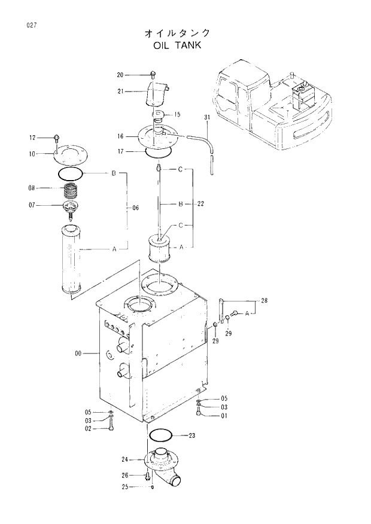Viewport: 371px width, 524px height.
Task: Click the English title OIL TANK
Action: click(x=177, y=45)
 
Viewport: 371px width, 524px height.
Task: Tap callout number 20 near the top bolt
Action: click(x=120, y=75)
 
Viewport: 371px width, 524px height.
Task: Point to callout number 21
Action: click(x=120, y=91)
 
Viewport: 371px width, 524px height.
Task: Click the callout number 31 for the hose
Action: click(x=207, y=117)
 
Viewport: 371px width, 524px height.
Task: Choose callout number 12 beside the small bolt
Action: click(x=32, y=138)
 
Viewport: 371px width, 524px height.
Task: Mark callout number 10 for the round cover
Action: click(x=32, y=154)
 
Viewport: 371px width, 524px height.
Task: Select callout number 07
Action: click(x=32, y=205)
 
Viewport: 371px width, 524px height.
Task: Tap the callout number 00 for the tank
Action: click(x=77, y=354)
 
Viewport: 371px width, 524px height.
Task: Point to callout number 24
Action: click(x=124, y=460)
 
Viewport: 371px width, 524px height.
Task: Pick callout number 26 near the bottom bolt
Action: click(x=124, y=476)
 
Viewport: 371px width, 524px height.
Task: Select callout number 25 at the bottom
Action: click(x=124, y=486)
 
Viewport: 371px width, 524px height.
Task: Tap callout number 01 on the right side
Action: click(x=224, y=416)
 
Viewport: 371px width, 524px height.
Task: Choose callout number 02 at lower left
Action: click(x=87, y=428)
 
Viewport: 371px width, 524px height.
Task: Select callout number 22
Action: click(x=200, y=204)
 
